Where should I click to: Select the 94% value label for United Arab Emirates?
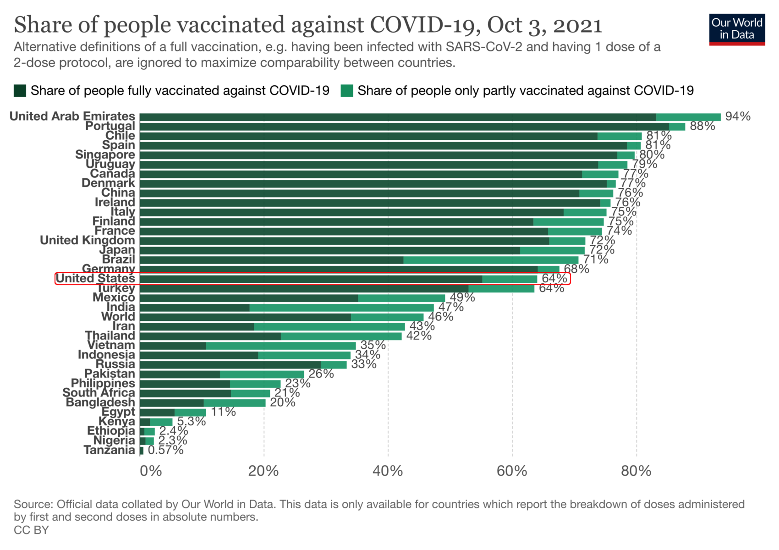(x=737, y=116)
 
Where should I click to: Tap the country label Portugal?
(x=110, y=126)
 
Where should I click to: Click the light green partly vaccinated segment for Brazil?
(x=490, y=260)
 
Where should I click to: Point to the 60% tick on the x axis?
(x=512, y=471)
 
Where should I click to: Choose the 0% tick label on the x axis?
(x=151, y=471)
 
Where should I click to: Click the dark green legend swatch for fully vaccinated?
(x=20, y=91)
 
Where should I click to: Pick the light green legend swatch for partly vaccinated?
(x=347, y=91)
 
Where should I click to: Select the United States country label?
(x=95, y=278)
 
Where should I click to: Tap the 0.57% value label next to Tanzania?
(x=165, y=450)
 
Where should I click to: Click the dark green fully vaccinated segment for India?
(x=194, y=308)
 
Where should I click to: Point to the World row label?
(x=118, y=317)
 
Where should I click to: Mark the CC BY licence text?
(x=31, y=530)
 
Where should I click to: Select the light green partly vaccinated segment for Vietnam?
(x=280, y=346)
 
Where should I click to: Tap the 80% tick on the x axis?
(x=636, y=471)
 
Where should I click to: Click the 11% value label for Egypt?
(x=223, y=412)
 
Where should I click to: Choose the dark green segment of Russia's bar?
(x=230, y=365)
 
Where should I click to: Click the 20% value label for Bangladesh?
(x=283, y=402)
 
